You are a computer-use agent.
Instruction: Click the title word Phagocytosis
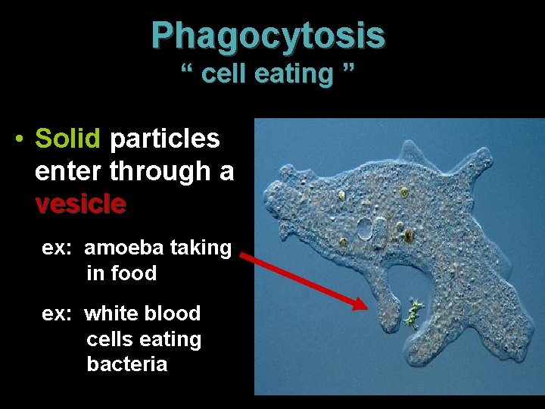click(268, 35)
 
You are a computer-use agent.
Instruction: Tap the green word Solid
click(68, 139)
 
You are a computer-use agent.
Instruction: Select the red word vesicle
click(80, 203)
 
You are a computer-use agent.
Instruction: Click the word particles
click(165, 139)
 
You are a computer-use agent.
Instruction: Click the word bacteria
click(126, 364)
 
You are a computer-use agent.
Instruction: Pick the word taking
click(202, 248)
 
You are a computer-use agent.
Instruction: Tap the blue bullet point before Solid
click(19, 139)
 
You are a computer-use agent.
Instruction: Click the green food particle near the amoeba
click(413, 312)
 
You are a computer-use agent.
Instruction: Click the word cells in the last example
click(108, 339)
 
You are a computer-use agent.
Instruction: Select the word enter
click(69, 171)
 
